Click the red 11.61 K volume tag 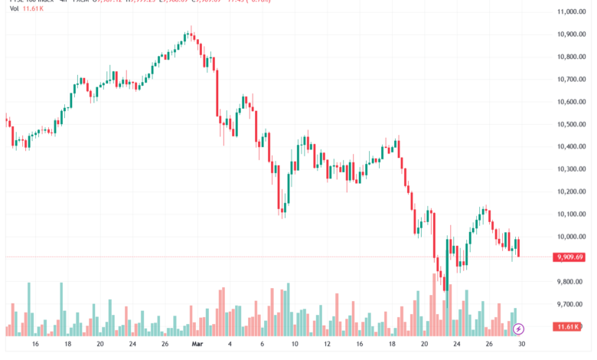pos(569,327)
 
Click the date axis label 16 pos(36,345)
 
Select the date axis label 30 pos(520,345)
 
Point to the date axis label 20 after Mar pos(424,345)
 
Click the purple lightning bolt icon pos(519,329)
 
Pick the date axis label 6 pos(262,345)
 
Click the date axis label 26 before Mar pos(165,345)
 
